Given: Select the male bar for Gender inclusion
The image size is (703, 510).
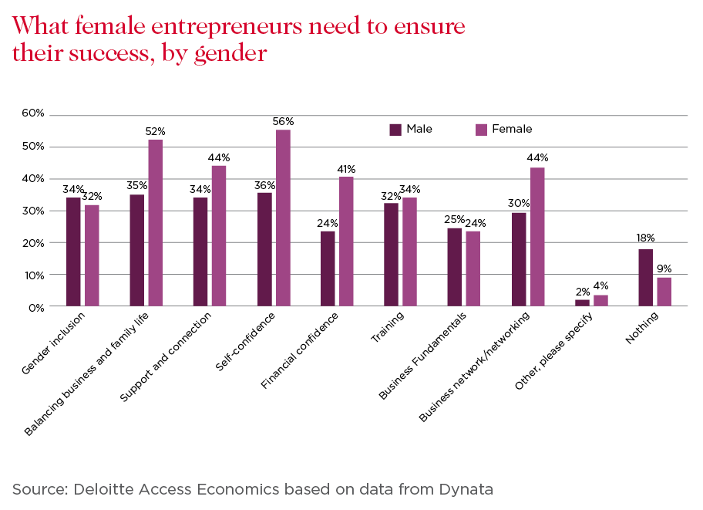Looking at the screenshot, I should point(73,252).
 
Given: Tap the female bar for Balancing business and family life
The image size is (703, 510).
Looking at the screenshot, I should point(156,223).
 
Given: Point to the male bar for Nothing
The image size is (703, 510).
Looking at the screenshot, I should point(645,278).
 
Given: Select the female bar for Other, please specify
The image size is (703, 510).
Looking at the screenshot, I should point(600,301).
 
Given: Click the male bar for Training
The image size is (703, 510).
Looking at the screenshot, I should point(391,255).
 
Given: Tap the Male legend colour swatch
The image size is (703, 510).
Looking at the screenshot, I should point(395,130).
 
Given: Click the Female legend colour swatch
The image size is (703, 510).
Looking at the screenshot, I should point(481,130).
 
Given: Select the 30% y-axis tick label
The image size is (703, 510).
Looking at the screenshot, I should point(33,211).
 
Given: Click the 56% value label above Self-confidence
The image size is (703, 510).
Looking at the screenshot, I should point(284,122).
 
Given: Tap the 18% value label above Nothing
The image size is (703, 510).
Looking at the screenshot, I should point(644,238).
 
